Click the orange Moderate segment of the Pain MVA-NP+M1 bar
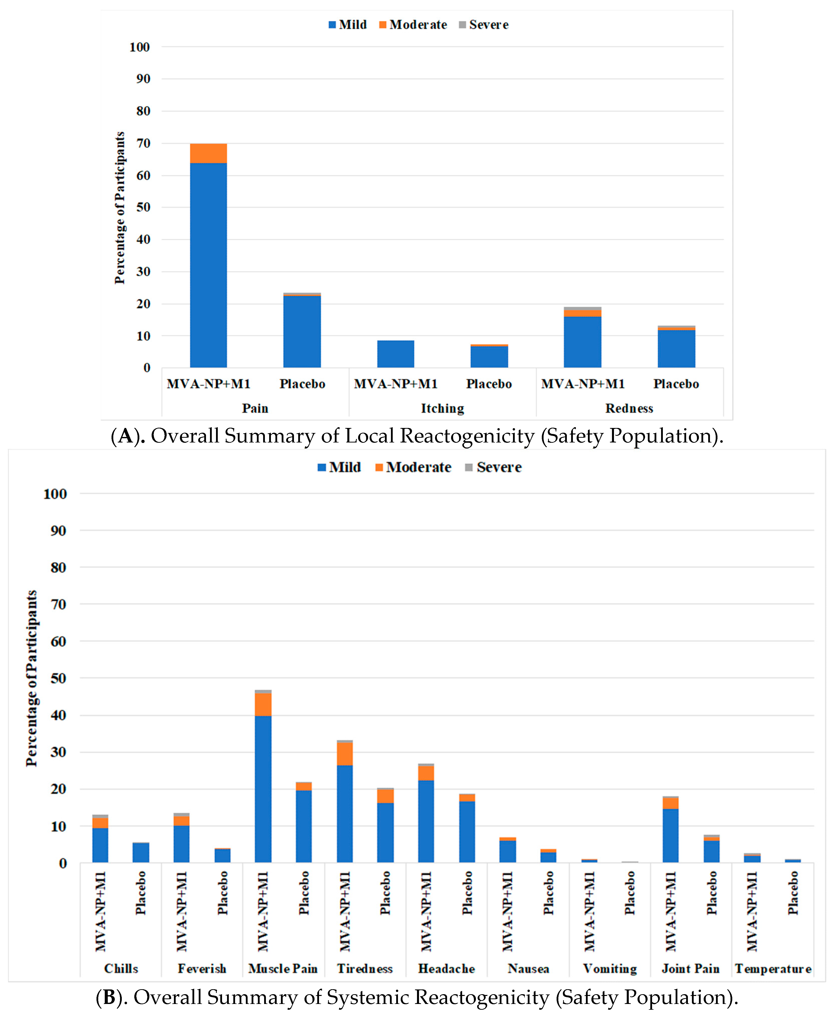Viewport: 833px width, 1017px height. (x=208, y=154)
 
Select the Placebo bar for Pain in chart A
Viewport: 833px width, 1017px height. (x=302, y=331)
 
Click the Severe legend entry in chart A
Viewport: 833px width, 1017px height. (x=484, y=25)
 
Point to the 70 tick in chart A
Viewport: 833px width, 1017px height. (x=143, y=143)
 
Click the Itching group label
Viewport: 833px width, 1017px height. (x=442, y=408)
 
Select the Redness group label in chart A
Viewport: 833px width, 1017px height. (x=629, y=408)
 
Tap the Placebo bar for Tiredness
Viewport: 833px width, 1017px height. (x=385, y=832)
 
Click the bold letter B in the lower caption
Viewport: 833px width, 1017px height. (x=109, y=997)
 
